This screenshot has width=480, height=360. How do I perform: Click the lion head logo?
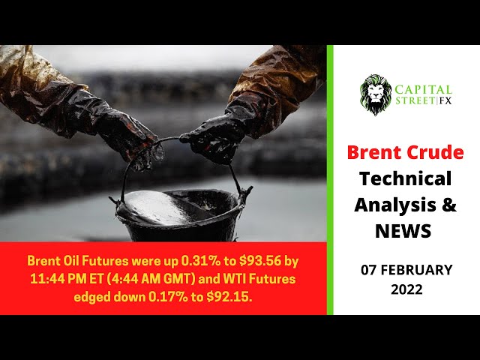376,94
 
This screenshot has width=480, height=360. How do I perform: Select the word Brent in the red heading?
373,153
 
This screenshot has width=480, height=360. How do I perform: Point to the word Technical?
405,179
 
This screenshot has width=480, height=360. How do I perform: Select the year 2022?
406,288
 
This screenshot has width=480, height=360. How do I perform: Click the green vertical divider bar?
330,180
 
